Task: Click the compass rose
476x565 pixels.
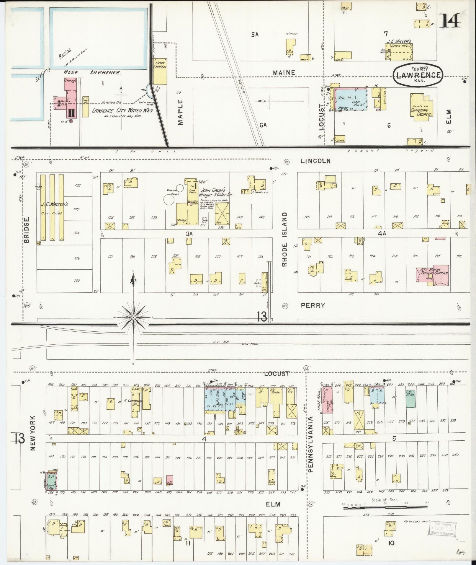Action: point(133,317)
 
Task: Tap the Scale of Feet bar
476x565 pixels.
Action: point(385,507)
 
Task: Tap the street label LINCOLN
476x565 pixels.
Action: point(315,161)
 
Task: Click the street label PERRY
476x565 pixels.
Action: point(313,305)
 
